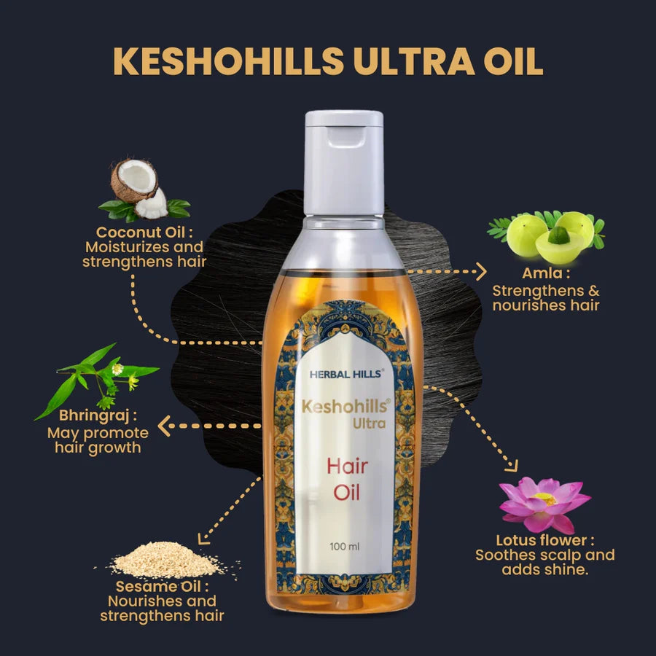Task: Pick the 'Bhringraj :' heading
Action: [x=98, y=417]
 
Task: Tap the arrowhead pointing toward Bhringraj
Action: [x=165, y=426]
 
